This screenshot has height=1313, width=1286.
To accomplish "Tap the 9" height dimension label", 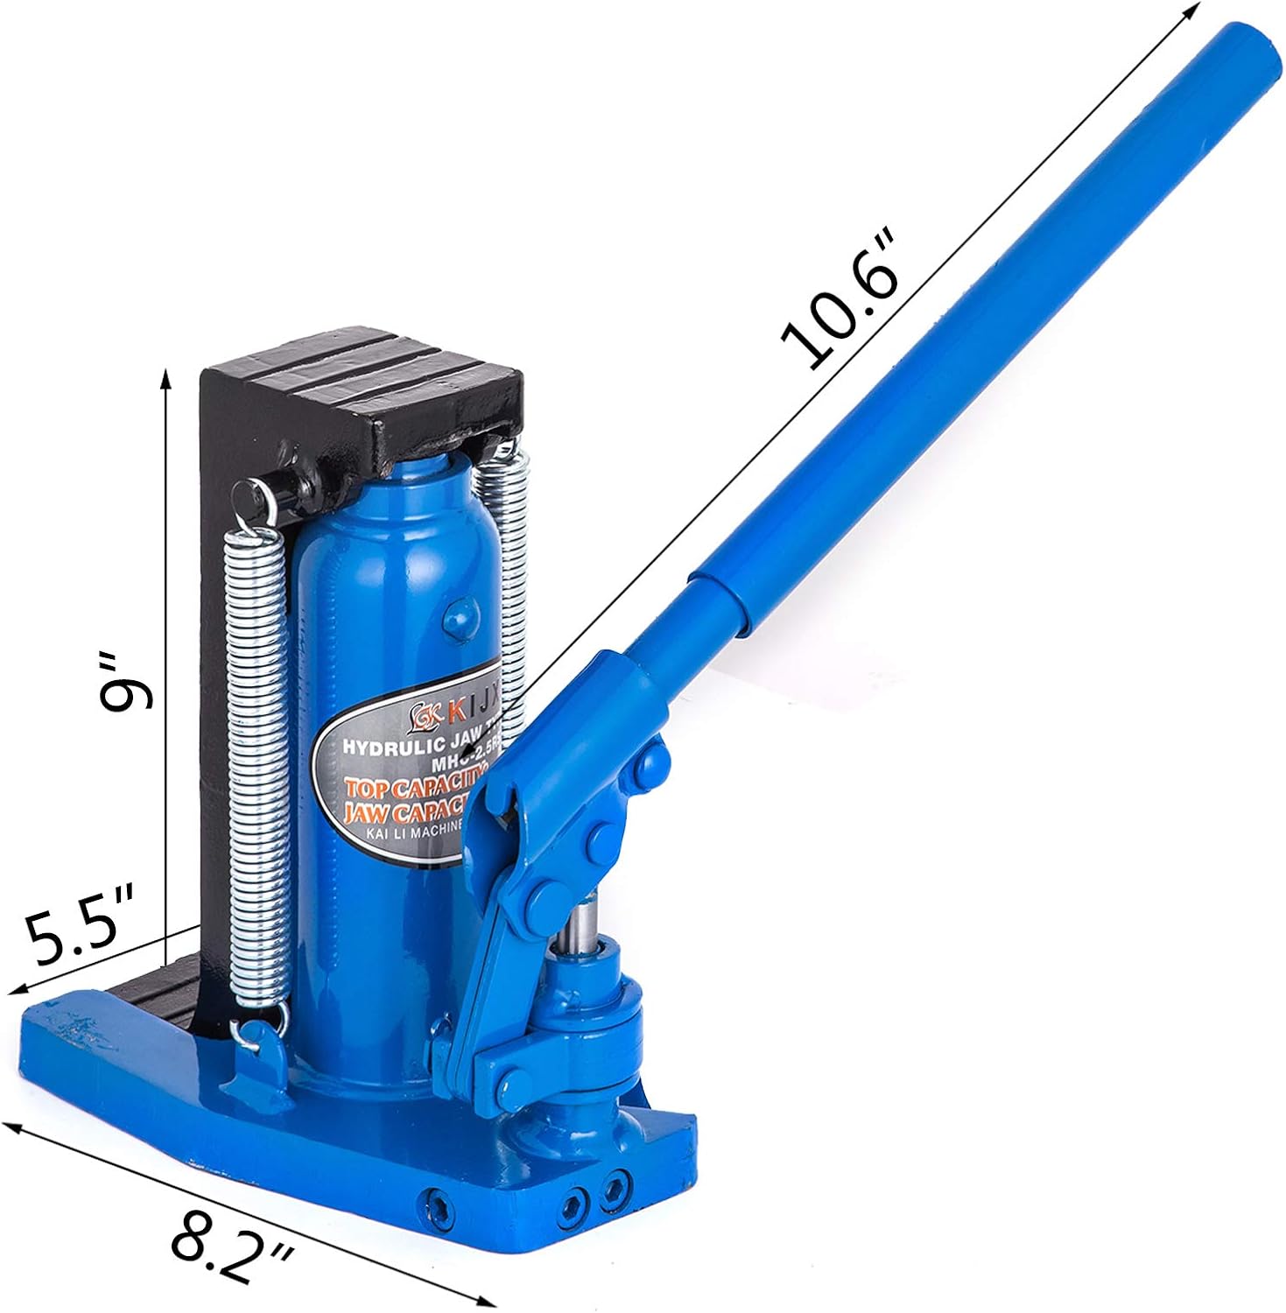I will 125,680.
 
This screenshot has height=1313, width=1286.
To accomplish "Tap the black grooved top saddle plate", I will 385,376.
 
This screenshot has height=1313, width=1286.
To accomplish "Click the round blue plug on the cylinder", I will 458,618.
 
